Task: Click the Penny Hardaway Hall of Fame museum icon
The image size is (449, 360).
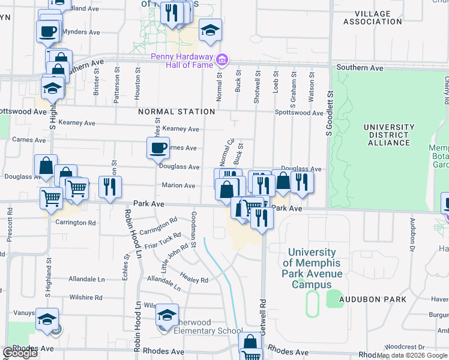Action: (222, 59)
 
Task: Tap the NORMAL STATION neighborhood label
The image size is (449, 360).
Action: (176, 112)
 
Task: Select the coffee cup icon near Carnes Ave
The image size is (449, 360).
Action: (158, 148)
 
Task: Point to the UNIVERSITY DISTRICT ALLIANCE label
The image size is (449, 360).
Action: (389, 135)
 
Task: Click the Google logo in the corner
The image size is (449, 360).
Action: (20, 353)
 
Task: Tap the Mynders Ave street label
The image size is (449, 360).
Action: (81, 32)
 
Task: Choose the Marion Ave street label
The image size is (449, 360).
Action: (178, 185)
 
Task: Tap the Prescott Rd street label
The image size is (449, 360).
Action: (10, 225)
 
